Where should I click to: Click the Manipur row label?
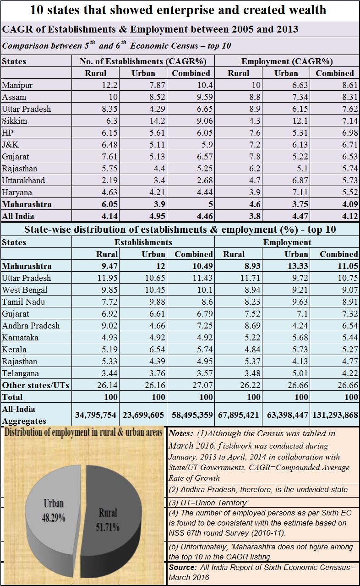coord(17,85)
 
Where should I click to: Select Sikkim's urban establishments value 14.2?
coord(157,121)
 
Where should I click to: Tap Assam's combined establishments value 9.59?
coord(205,97)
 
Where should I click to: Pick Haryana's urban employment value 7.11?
coord(300,192)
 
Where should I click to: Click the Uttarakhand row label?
coord(23,180)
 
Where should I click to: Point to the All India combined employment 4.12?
coord(350,216)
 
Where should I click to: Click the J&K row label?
coord(10,145)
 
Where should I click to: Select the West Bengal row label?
coord(25,290)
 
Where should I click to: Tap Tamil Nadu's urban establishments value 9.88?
coord(157,302)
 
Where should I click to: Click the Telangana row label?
coord(21,373)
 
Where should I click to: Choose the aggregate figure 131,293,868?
coord(335,415)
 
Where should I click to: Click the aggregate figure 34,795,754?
coord(96,415)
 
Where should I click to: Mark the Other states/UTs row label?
coord(36,385)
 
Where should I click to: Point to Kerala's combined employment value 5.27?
coord(350,350)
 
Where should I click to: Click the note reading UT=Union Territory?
coord(207,503)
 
